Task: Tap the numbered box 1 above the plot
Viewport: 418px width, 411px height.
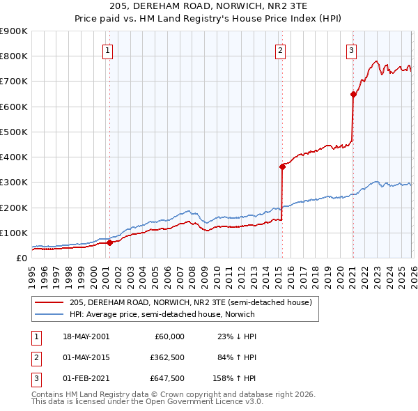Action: tap(109, 49)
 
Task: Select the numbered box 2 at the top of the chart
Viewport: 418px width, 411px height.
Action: tap(280, 49)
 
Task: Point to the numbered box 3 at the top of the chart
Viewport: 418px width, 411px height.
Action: tap(352, 49)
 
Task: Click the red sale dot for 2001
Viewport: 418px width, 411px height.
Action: tap(109, 243)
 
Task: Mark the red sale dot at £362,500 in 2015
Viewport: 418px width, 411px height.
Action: tap(282, 166)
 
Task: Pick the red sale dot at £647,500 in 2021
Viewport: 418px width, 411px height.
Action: tap(353, 95)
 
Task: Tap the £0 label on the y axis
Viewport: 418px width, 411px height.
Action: tap(21, 258)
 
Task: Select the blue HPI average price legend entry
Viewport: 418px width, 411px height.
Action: tap(162, 314)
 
